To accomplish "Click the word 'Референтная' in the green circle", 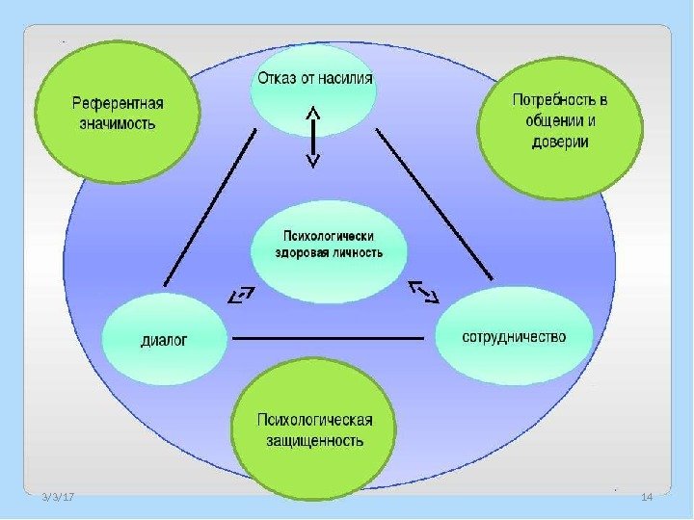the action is (119, 103).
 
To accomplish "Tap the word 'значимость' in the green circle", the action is (118, 124).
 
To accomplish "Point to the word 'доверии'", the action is (559, 142).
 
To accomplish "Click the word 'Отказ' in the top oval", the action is (274, 78).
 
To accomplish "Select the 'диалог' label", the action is (165, 339).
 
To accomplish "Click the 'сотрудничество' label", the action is (515, 337).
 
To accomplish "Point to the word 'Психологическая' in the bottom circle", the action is (314, 420).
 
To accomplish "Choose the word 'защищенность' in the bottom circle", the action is (314, 441).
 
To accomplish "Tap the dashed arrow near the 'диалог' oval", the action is (241, 295).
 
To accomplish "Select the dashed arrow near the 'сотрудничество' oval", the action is (423, 290).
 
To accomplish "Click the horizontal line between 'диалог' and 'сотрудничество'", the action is (328, 339).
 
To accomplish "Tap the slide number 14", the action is (647, 496).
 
